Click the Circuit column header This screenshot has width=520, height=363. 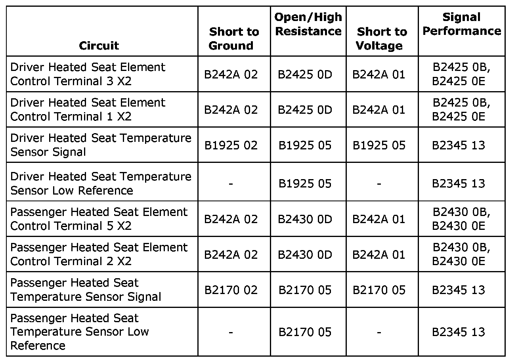tap(99, 46)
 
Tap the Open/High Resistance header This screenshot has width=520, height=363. tap(308, 24)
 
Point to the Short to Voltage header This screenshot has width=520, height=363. tap(382, 38)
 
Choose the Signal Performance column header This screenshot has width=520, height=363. tap(461, 24)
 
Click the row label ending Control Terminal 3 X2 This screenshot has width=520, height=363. tap(88, 74)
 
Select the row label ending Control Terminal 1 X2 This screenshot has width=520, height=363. tap(88, 109)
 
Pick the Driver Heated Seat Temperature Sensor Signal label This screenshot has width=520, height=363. tap(101, 145)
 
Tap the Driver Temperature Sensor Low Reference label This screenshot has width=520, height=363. tap(101, 183)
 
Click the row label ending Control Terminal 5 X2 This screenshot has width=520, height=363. tap(99, 219)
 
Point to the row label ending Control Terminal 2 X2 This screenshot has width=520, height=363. tap(99, 254)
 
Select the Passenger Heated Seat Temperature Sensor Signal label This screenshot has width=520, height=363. tap(86, 290)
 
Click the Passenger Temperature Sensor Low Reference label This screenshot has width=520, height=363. tap(79, 332)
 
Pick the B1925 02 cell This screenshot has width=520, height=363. tap(231, 145)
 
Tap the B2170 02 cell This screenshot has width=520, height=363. tap(231, 290)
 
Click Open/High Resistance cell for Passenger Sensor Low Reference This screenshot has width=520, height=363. tap(305, 332)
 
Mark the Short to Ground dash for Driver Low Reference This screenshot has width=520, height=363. tap(231, 184)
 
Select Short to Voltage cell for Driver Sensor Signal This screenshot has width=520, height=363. tap(379, 145)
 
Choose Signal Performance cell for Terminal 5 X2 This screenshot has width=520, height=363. tap(461, 219)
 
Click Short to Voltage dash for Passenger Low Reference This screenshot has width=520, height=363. tap(379, 332)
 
